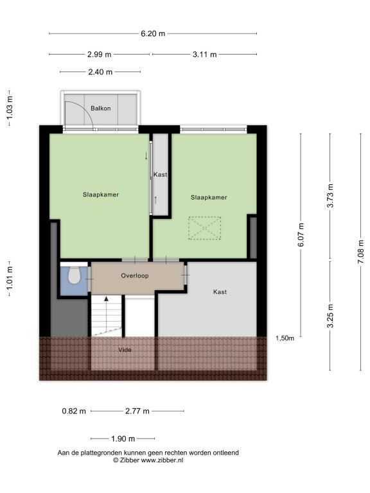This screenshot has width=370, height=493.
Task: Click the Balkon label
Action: pos(101,108)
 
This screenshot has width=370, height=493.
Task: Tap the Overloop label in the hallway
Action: pos(135,276)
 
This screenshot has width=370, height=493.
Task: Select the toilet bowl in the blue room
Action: pos(75,275)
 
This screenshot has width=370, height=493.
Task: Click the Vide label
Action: pos(125,350)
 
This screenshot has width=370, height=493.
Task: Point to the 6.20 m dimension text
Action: pos(153,33)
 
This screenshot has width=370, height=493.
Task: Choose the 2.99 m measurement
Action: pos(99,55)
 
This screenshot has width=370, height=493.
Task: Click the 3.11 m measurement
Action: pos(204,55)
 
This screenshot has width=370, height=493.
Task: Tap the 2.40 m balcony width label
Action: pos(100,72)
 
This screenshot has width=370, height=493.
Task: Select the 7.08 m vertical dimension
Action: pos(361,252)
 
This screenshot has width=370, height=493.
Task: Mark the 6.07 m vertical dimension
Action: pos(301,235)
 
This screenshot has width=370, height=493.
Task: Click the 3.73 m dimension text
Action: pos(330,196)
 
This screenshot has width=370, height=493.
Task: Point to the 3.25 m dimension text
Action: pos(330,316)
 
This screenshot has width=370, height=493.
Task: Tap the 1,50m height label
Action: pos(285,338)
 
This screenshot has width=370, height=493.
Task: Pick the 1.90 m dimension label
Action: pos(123,438)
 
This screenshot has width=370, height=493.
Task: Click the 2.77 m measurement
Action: pos(137,411)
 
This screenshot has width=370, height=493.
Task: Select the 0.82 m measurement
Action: pos(74,411)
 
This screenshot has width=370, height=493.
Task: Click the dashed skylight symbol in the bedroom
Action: pos(204,228)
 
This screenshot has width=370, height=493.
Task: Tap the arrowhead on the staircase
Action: pos(107,298)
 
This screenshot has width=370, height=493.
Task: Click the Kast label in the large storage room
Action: pos(220,292)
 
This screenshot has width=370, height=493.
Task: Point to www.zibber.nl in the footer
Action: pos(162,460)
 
